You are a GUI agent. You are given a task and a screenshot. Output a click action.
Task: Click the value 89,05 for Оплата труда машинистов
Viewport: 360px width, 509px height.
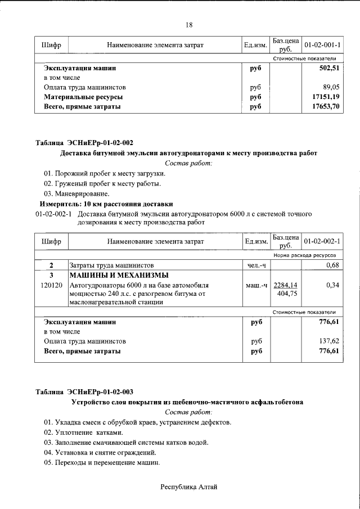(x=331, y=87)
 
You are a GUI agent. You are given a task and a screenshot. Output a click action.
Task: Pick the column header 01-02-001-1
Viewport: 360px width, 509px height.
(x=322, y=44)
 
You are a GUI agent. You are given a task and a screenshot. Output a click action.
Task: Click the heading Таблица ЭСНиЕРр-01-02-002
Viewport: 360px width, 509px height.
(x=84, y=142)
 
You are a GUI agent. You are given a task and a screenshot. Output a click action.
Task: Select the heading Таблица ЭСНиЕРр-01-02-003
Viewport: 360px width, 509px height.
(x=84, y=392)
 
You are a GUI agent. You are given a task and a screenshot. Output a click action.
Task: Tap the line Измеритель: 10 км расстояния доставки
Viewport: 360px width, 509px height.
(x=106, y=204)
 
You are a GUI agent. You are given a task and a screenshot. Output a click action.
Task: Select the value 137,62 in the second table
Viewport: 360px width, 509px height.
(x=330, y=341)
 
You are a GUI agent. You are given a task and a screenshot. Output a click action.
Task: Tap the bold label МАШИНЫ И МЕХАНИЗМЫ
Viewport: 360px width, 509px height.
(x=118, y=275)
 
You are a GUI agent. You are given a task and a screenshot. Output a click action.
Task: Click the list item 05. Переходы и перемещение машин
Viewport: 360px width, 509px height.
(x=102, y=463)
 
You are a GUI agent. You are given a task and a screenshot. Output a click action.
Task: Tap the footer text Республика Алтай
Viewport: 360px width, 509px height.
(x=188, y=487)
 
